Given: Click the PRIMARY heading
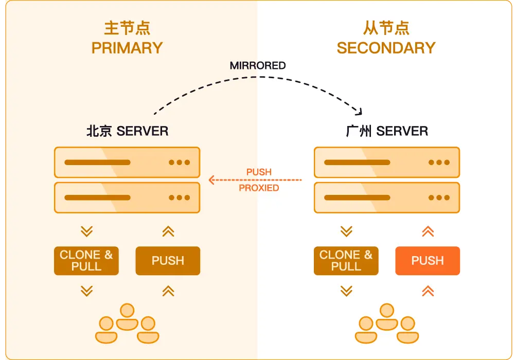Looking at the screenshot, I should [x=127, y=48].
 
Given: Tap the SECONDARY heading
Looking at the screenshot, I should [x=386, y=48].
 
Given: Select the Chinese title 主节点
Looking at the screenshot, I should [x=127, y=27].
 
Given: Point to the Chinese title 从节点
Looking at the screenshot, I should [x=386, y=27].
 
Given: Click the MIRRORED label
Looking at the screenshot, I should [x=257, y=65].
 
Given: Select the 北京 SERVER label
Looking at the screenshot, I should [x=127, y=131].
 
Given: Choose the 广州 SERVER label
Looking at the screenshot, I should [x=387, y=131].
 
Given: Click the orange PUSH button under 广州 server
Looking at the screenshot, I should [x=428, y=261].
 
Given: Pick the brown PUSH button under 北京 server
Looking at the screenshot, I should [x=168, y=261].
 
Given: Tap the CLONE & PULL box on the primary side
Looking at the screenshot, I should [x=86, y=261].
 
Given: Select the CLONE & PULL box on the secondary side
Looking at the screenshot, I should [x=346, y=261].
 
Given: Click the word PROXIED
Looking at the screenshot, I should [x=259, y=188].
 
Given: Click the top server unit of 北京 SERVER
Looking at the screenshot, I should [x=127, y=163].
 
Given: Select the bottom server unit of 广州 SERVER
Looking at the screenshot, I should [x=387, y=197].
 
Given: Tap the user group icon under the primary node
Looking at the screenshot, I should [x=127, y=323].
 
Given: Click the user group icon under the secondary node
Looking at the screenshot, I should [x=387, y=323].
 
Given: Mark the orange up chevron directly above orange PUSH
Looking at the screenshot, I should [x=428, y=231].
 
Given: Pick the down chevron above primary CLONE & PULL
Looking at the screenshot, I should [x=86, y=231].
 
